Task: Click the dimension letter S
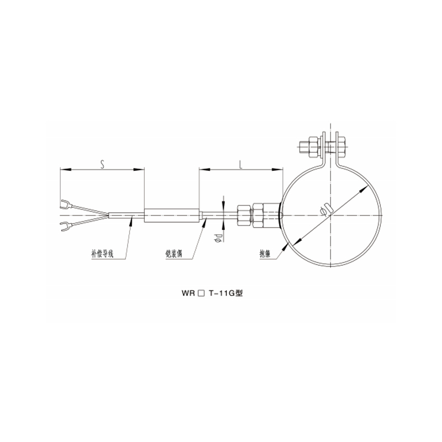102,163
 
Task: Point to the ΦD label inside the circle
328,209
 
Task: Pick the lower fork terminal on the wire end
65,225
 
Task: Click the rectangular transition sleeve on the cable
171,215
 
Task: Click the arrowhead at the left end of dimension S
62,170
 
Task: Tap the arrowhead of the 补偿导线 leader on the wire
131,219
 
